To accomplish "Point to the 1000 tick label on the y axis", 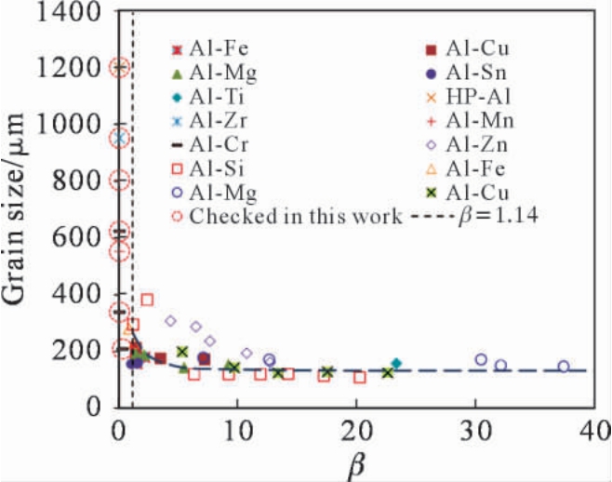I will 77,124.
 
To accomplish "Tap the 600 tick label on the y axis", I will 85,236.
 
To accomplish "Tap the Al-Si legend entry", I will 215,168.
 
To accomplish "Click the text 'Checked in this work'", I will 294,217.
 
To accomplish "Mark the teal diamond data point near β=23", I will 396,363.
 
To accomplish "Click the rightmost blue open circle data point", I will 564,367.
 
